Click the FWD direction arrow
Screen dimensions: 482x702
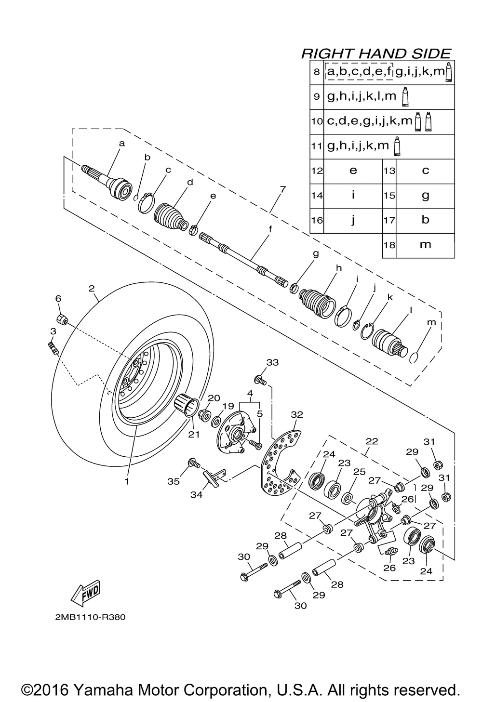[x=85, y=593]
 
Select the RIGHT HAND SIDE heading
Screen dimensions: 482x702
[x=376, y=53]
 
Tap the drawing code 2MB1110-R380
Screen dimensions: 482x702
[x=90, y=617]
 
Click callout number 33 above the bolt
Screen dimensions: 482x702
[x=272, y=362]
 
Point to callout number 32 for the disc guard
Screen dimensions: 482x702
[x=297, y=414]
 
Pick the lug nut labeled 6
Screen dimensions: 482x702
[x=62, y=319]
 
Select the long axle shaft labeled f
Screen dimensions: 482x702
[x=244, y=257]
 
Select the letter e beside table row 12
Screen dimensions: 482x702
[x=353, y=171]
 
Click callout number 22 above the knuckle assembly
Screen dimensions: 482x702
[x=372, y=441]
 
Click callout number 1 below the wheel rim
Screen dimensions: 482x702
[x=127, y=482]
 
